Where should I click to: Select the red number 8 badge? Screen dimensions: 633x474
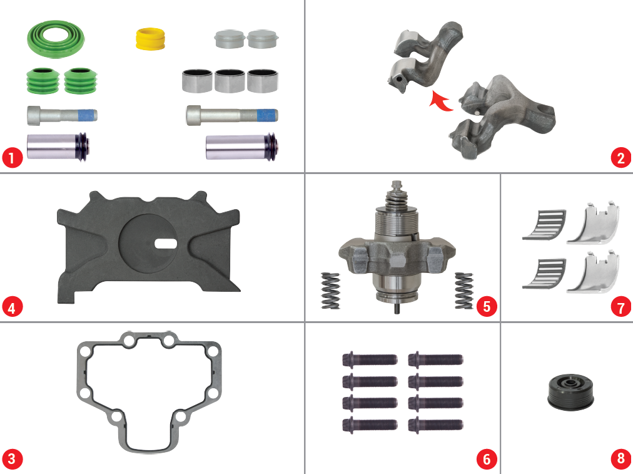tap(620, 458)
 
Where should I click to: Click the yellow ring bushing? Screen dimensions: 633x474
tap(150, 39)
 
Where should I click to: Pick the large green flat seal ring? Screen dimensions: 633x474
tap(56, 39)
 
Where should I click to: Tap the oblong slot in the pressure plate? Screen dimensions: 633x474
tap(166, 244)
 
